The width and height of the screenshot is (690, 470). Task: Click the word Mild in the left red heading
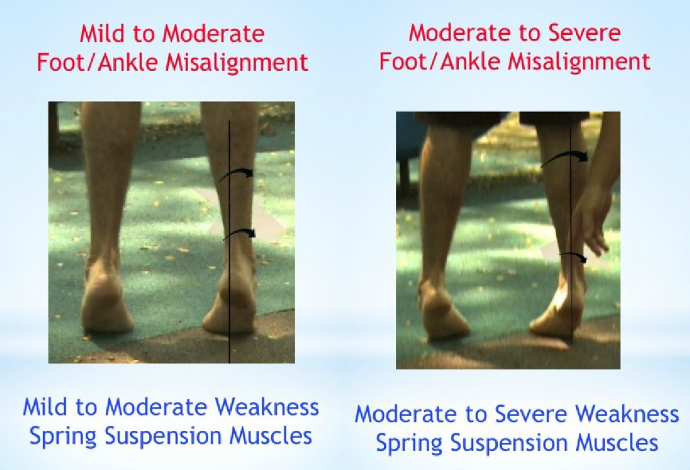[x=100, y=34]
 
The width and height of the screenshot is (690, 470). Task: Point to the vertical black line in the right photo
[x=571, y=202]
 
